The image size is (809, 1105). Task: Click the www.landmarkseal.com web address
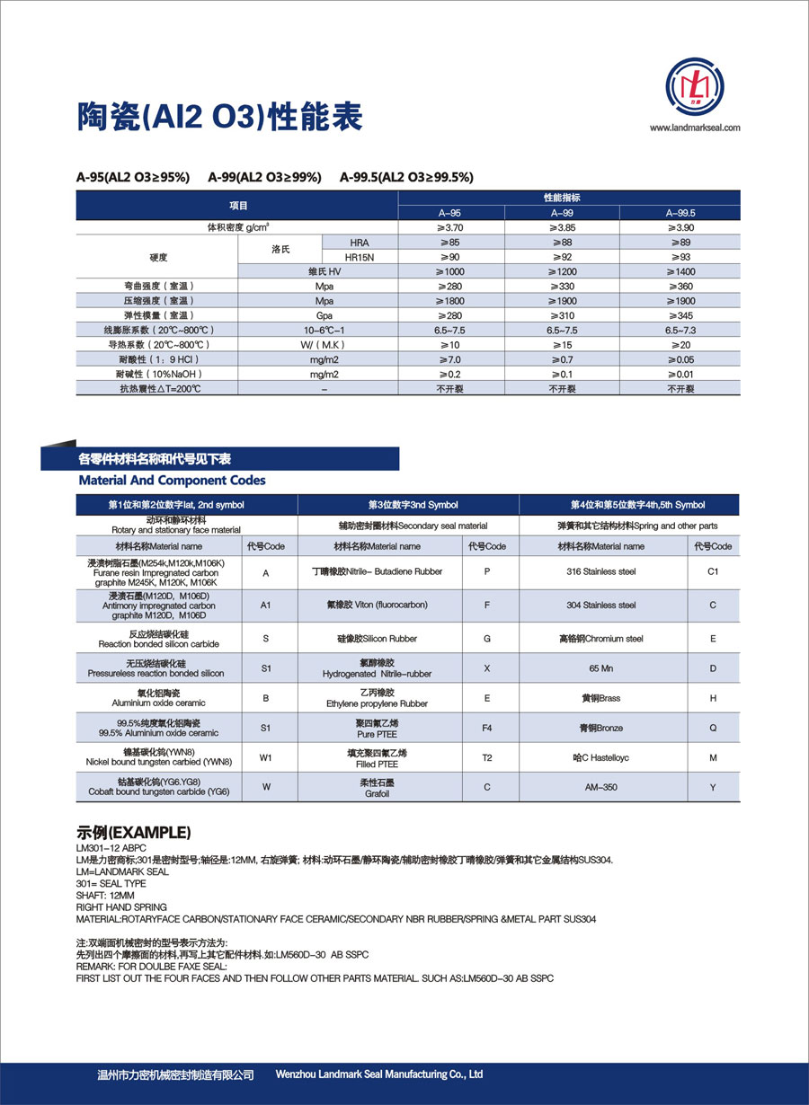click(x=695, y=128)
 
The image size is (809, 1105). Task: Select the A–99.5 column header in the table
click(x=680, y=213)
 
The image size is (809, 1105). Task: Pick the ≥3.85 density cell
click(x=562, y=228)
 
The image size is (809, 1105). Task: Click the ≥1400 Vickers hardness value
click(x=680, y=271)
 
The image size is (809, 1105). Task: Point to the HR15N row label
click(x=359, y=257)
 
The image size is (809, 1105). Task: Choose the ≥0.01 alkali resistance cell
click(x=680, y=373)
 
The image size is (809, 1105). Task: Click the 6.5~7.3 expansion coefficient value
click(x=680, y=330)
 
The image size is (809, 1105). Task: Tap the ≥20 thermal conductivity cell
click(x=680, y=344)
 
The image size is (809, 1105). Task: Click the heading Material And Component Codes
click(x=172, y=481)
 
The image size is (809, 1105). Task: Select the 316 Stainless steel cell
click(x=600, y=571)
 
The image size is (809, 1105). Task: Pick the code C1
click(x=713, y=571)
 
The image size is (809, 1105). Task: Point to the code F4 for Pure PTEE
click(x=486, y=728)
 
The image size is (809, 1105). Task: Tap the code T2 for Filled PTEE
click(x=486, y=757)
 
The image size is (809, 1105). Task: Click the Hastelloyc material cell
click(x=600, y=757)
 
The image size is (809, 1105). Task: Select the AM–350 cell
click(x=600, y=787)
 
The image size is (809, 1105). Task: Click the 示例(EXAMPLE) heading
click(x=134, y=831)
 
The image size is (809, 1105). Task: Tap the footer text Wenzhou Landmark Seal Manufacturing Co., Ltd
click(x=379, y=1074)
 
